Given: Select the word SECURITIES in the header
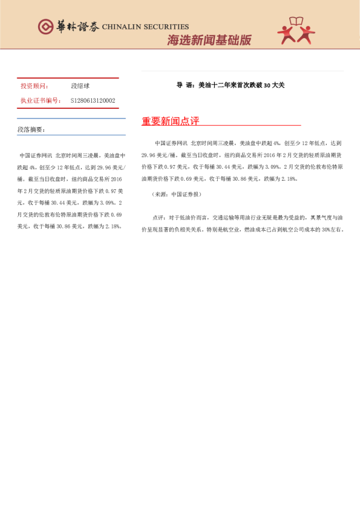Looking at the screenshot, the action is point(167,27).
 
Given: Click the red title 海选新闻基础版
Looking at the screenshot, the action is point(209,41).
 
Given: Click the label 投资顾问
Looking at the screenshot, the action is point(34,86).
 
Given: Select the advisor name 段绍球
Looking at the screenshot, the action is point(80,86).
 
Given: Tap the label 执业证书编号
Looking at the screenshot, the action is point(41,101).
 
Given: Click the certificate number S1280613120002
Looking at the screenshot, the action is point(93,101).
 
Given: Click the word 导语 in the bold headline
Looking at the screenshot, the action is point(184,85).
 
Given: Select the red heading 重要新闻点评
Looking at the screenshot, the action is point(171,122).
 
